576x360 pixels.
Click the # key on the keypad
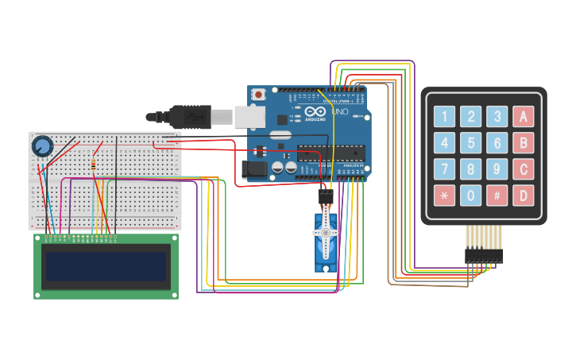coord(497,195)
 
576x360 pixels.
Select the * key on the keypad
coord(445,195)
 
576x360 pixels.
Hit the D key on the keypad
coord(523,195)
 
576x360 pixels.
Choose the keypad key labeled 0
coord(471,195)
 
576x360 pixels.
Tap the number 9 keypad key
coord(497,169)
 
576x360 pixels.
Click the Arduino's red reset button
coord(258,95)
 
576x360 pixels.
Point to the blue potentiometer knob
coord(42,146)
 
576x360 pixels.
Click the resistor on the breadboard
coord(95,165)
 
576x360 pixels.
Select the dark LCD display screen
coord(106,267)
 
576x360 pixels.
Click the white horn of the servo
coord(326,233)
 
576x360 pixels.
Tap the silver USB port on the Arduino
coord(249,116)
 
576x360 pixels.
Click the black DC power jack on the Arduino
coord(253,168)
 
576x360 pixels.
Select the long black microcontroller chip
coord(332,155)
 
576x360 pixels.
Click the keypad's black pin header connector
coord(483,255)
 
